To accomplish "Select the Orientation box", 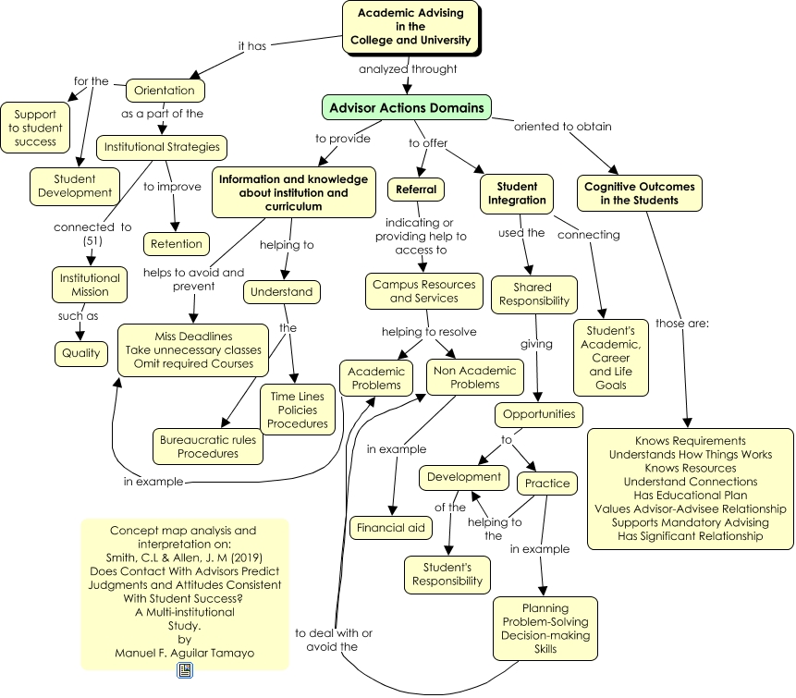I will pos(165,91).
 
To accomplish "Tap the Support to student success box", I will pos(36,128).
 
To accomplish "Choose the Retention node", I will pos(176,244).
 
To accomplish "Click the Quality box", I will pos(81,353).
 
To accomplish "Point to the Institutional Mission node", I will pos(90,285).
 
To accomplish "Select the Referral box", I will pos(416,190).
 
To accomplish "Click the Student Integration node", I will pos(516,193).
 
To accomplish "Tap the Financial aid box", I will pos(391,528).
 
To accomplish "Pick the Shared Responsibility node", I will pos(534,295).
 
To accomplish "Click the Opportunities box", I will pos(539,414).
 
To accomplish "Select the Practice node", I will pos(547,483).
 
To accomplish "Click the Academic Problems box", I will pos(375,378).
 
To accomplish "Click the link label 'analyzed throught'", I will pos(408,68).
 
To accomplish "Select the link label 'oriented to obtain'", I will pos(562,127).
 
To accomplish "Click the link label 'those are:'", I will pos(682,324).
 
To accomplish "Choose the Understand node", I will pos(283,292).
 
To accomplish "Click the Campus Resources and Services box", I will pos(424,291).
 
